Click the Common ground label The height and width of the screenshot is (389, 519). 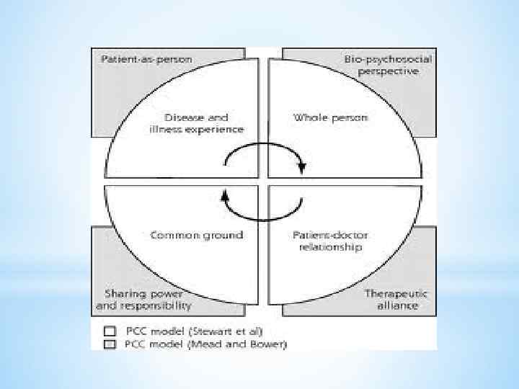point(197,235)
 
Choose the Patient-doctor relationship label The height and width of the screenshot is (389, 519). point(327,241)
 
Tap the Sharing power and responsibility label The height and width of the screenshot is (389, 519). point(143,300)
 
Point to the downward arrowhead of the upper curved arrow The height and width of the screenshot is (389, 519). point(301,168)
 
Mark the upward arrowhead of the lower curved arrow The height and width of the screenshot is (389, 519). point(224,193)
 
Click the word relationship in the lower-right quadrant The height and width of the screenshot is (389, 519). point(327,247)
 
